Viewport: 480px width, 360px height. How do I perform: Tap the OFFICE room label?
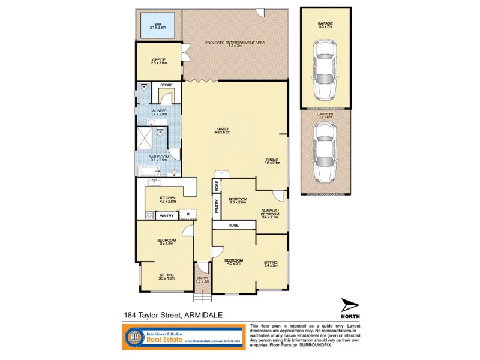[x=158, y=60]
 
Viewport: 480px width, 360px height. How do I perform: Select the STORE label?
[x=167, y=85]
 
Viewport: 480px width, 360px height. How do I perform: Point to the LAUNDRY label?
[x=159, y=111]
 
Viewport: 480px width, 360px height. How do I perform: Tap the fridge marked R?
[x=188, y=214]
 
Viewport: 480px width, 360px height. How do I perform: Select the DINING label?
[x=272, y=160]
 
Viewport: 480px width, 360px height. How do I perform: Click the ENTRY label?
[x=203, y=278]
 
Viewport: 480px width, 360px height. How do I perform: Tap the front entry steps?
[x=203, y=296]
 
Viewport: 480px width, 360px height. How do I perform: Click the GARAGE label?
[x=325, y=24]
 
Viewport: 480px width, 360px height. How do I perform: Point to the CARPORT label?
[x=325, y=113]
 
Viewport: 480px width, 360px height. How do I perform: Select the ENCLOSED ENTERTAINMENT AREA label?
[x=235, y=43]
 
